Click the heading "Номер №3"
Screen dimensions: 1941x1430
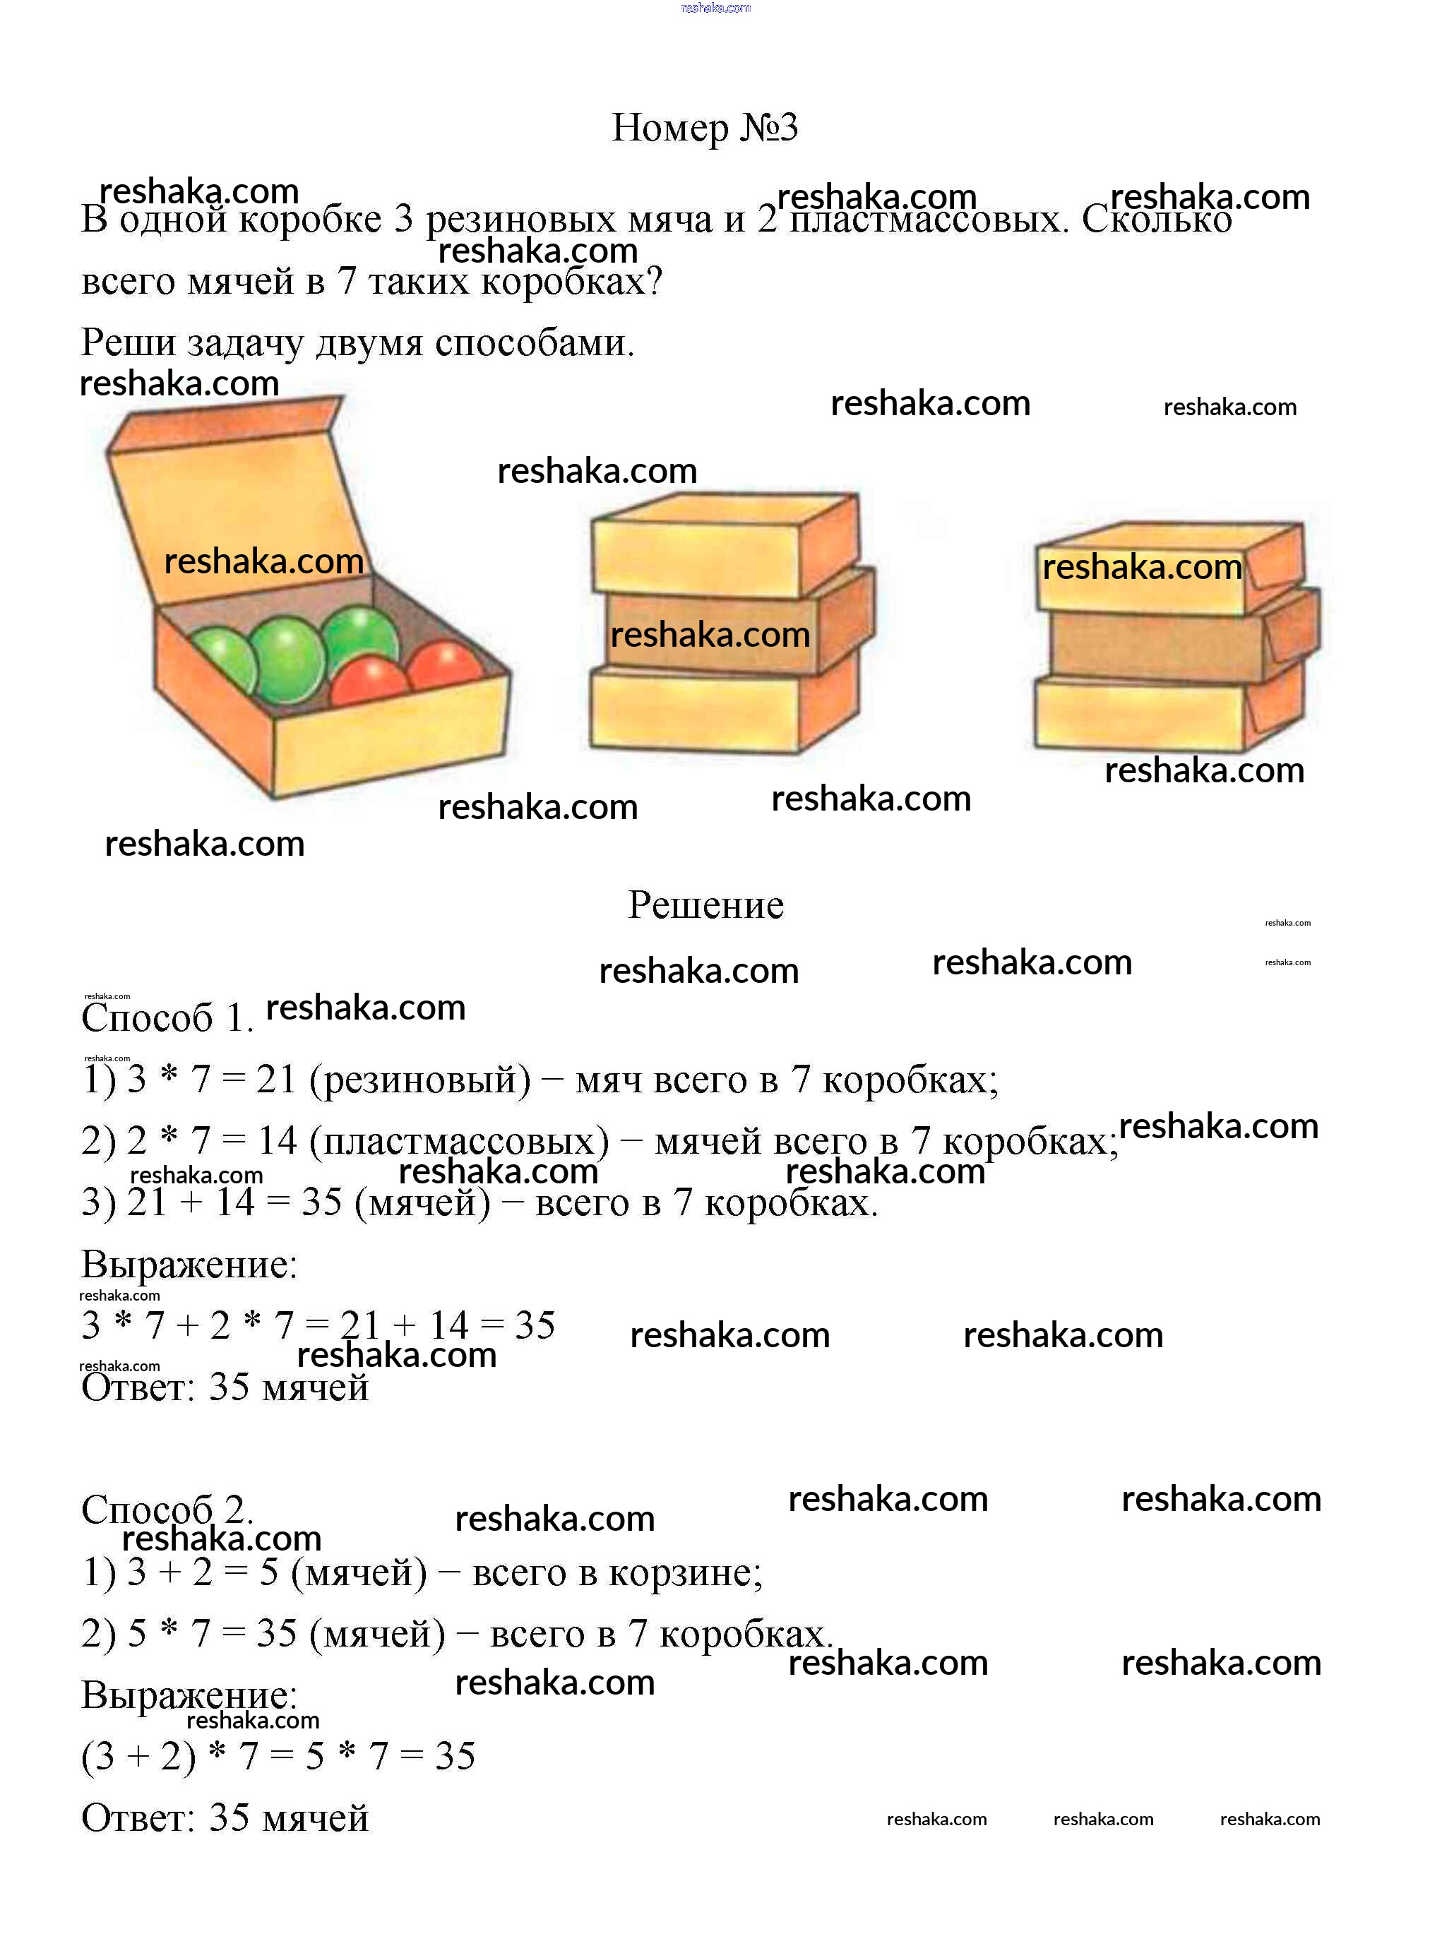coord(704,128)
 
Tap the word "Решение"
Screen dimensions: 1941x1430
coord(705,905)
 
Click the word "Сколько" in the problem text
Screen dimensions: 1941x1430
coord(1157,219)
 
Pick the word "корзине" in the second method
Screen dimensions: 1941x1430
coord(693,1572)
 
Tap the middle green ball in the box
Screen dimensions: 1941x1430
coord(287,659)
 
